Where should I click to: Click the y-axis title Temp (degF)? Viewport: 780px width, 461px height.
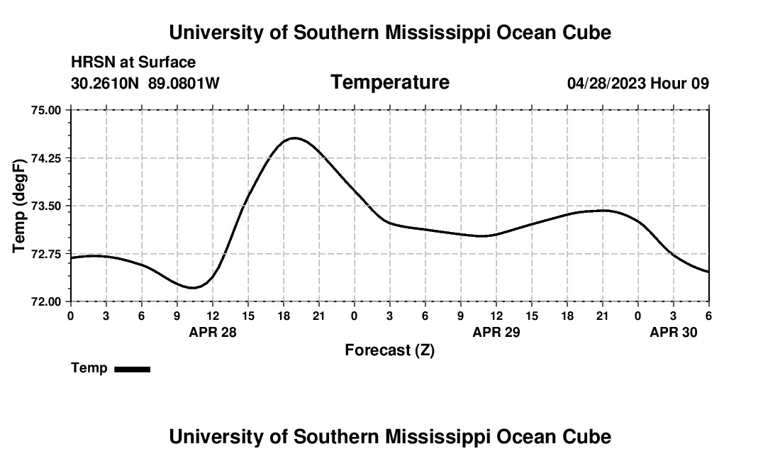tap(20, 206)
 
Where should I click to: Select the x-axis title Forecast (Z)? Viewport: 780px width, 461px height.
tap(389, 350)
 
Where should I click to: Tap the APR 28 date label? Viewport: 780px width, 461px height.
tap(213, 331)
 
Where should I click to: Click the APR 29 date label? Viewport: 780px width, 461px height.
tap(496, 331)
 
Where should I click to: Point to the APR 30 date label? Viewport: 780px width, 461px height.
tap(674, 331)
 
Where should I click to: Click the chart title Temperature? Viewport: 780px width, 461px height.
tap(390, 82)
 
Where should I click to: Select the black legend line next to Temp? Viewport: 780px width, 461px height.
tap(132, 369)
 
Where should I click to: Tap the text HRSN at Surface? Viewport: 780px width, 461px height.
tap(133, 63)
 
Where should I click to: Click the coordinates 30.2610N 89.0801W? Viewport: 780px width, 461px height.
tap(145, 84)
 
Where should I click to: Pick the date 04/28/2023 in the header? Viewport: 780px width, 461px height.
tap(606, 84)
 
